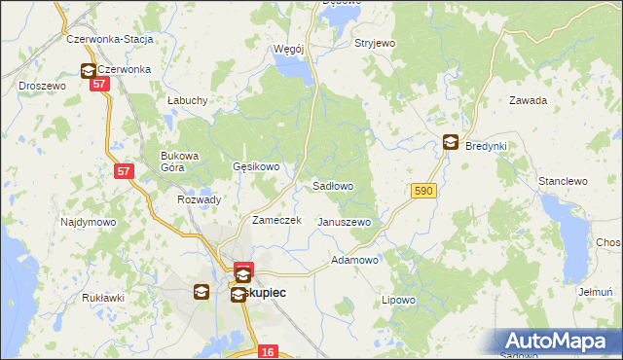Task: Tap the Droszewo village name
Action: click(x=42, y=86)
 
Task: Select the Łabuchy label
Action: click(x=186, y=100)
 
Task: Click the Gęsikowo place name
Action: click(x=256, y=166)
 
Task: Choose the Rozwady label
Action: click(x=199, y=199)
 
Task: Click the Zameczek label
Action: click(x=277, y=221)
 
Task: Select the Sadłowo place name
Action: click(x=332, y=185)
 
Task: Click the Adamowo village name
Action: click(x=354, y=261)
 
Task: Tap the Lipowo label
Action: click(x=398, y=300)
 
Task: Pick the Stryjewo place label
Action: click(x=375, y=44)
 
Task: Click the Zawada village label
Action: click(x=528, y=100)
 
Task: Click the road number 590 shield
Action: click(x=421, y=192)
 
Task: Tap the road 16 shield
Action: click(x=270, y=351)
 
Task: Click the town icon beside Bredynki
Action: click(x=451, y=142)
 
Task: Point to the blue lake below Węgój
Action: click(x=294, y=68)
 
